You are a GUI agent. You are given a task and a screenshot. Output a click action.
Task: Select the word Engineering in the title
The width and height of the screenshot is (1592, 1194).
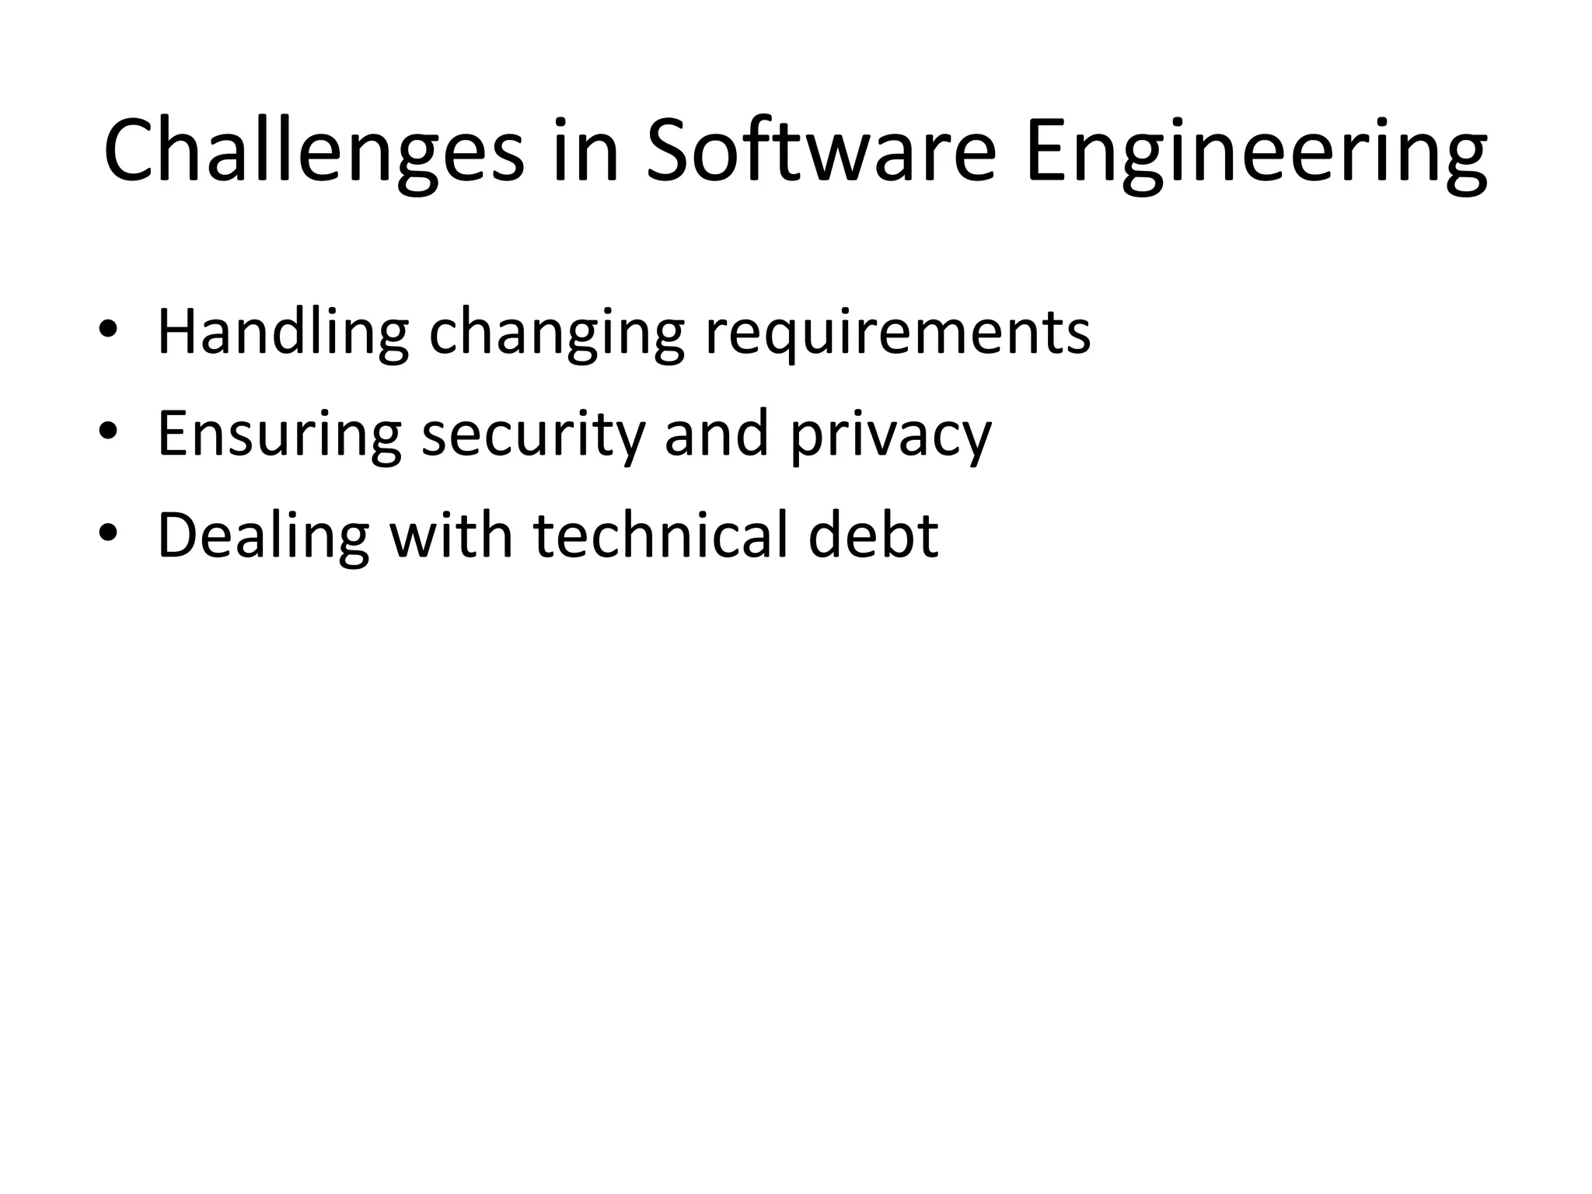[x=1255, y=152]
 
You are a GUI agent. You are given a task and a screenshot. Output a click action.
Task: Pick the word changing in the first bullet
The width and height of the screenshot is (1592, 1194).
[x=557, y=333]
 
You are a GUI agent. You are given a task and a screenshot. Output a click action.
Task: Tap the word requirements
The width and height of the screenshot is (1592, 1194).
[x=898, y=333]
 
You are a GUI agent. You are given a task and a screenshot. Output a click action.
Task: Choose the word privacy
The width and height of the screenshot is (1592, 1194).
[x=891, y=435]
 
